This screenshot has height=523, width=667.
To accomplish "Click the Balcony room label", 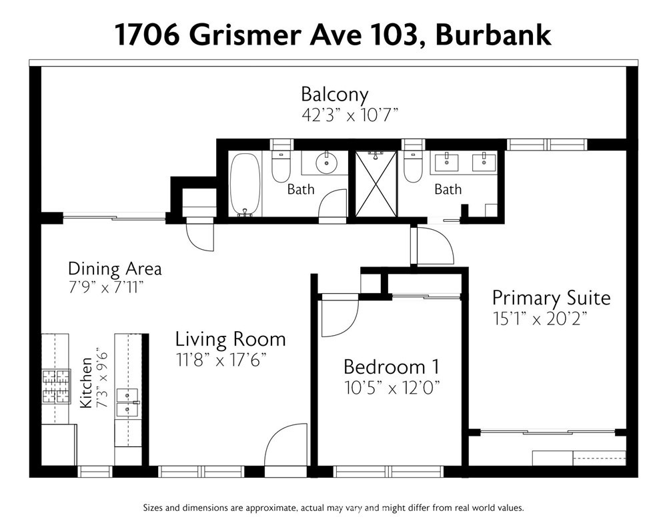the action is (x=334, y=95).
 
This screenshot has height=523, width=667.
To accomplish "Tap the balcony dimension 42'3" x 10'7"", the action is (x=350, y=115).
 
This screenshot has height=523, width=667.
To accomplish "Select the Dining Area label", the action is (x=115, y=269).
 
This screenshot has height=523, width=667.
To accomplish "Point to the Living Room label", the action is (x=231, y=340).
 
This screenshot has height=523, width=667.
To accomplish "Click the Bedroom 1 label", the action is (x=392, y=367).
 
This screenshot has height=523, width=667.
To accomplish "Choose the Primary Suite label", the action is (x=552, y=298).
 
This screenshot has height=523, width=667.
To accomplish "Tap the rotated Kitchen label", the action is (x=86, y=383).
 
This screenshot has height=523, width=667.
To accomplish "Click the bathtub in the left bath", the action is (x=245, y=185).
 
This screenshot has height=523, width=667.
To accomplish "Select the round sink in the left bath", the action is (x=326, y=162).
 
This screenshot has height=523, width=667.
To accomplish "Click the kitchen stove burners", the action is (x=56, y=386).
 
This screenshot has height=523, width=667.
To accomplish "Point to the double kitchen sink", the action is (x=127, y=402).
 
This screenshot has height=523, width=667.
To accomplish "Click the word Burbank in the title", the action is (x=493, y=35).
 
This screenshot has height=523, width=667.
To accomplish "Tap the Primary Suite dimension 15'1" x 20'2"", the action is (x=540, y=318).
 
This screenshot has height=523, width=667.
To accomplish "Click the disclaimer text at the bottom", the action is (x=333, y=508).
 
